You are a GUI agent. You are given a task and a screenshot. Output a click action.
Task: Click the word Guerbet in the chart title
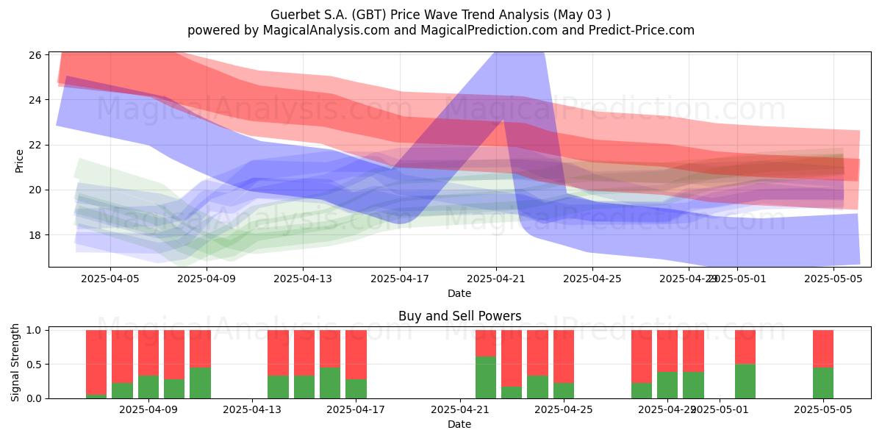(293, 15)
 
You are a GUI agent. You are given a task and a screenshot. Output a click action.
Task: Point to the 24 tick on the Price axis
(35, 100)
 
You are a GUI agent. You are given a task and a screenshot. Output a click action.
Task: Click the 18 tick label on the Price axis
(35, 235)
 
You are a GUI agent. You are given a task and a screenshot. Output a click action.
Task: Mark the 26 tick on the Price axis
(35, 55)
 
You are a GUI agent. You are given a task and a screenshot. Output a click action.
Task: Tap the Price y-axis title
(19, 160)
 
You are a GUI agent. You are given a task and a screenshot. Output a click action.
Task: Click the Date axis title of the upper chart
(459, 293)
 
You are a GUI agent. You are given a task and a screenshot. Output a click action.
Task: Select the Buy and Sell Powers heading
(459, 316)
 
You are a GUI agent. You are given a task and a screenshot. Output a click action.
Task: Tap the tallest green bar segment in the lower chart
(486, 377)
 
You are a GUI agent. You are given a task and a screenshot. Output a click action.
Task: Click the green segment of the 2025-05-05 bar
(823, 382)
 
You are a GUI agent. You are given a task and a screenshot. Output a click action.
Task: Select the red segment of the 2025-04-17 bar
(356, 354)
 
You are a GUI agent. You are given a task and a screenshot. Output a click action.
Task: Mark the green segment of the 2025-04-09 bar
(148, 387)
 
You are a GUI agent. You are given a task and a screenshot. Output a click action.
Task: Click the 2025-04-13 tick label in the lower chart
(253, 410)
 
